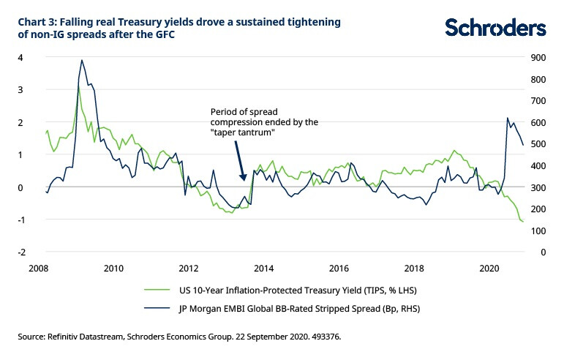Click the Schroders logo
click(495, 27)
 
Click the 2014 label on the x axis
click(264, 268)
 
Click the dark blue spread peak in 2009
click(82, 61)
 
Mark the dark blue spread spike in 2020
click(508, 118)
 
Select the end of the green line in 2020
click(523, 222)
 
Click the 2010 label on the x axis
click(113, 268)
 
